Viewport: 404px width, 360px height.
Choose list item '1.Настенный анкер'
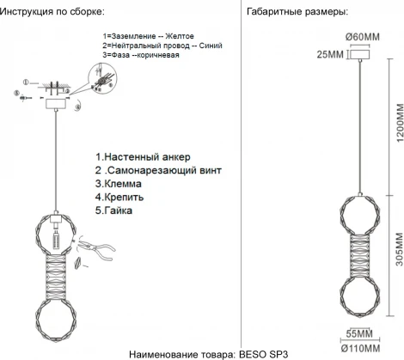pos(142,157)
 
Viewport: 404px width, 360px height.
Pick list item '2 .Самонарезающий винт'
pos(156,171)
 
